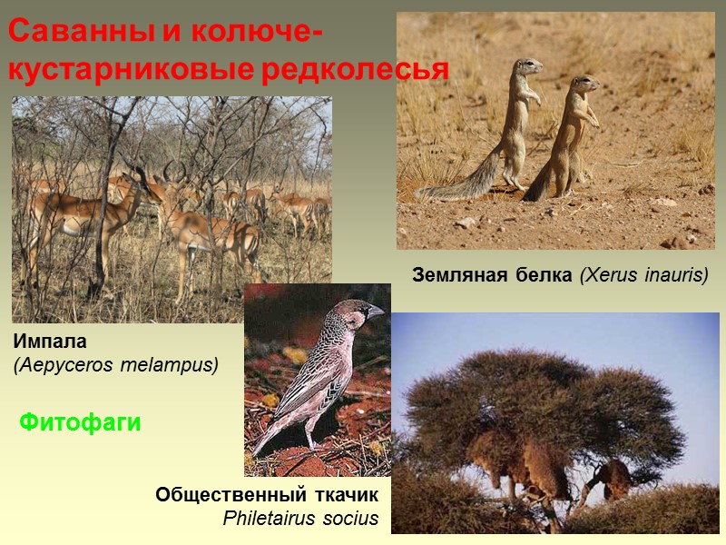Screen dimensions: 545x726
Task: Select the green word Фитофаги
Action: coord(81,421)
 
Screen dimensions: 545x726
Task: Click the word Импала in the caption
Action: coord(50,342)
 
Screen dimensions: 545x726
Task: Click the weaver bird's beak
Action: coord(375,312)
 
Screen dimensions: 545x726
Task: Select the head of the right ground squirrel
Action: coord(584,84)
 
